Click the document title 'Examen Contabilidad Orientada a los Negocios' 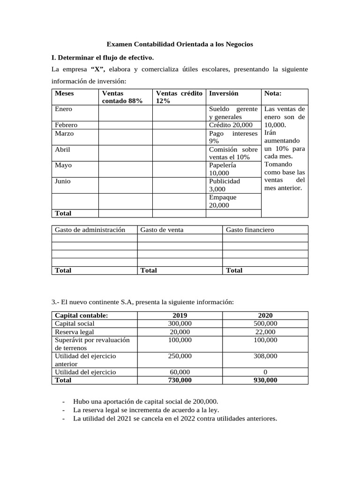(x=180, y=44)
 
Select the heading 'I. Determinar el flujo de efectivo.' (x=102, y=58)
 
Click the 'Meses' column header (x=64, y=93)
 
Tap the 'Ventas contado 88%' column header (x=122, y=97)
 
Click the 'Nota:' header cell (x=273, y=93)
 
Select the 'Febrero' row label (x=66, y=125)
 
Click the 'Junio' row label (x=63, y=181)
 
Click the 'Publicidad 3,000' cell (x=225, y=185)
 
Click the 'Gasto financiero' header (x=250, y=230)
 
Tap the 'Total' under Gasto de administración (x=63, y=270)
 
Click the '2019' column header (x=180, y=315)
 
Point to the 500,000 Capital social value (x=265, y=323)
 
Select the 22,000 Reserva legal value (x=265, y=332)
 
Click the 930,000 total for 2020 (x=265, y=380)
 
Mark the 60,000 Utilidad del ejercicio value (x=180, y=372)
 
